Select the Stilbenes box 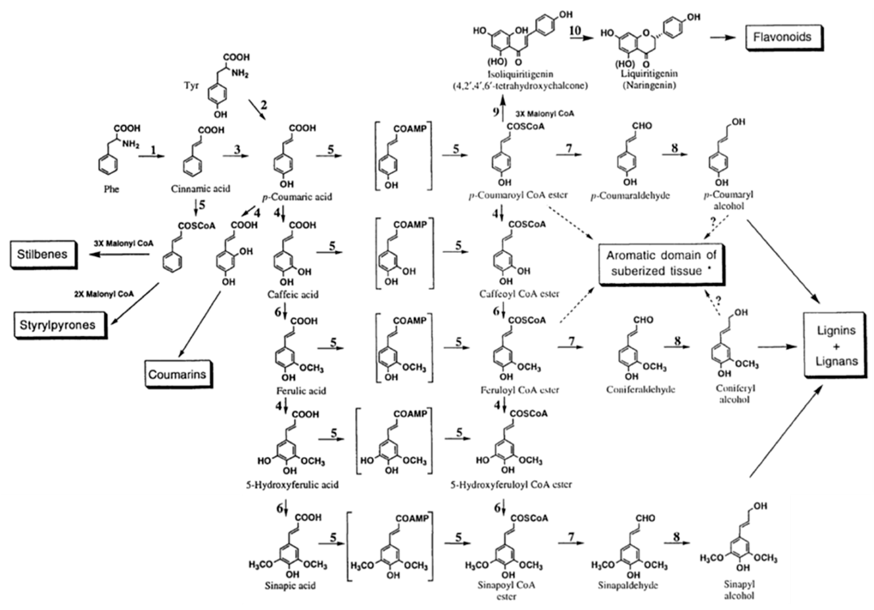click(x=42, y=254)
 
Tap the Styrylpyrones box click(x=57, y=325)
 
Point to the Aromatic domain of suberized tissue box click(x=661, y=263)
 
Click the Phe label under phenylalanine click(x=112, y=189)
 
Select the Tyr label click(x=191, y=85)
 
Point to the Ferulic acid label click(x=301, y=391)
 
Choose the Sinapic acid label click(x=290, y=585)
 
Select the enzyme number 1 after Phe click(x=154, y=150)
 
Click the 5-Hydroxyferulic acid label click(x=292, y=485)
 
